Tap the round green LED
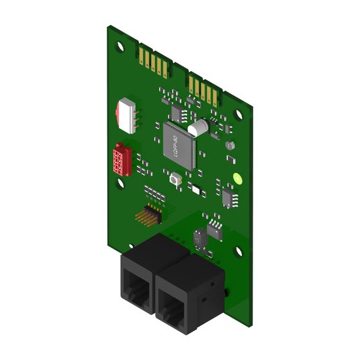[237, 179]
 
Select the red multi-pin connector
[122, 159]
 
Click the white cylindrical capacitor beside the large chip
[198, 128]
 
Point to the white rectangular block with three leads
[127, 116]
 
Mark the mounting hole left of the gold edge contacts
[120, 47]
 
